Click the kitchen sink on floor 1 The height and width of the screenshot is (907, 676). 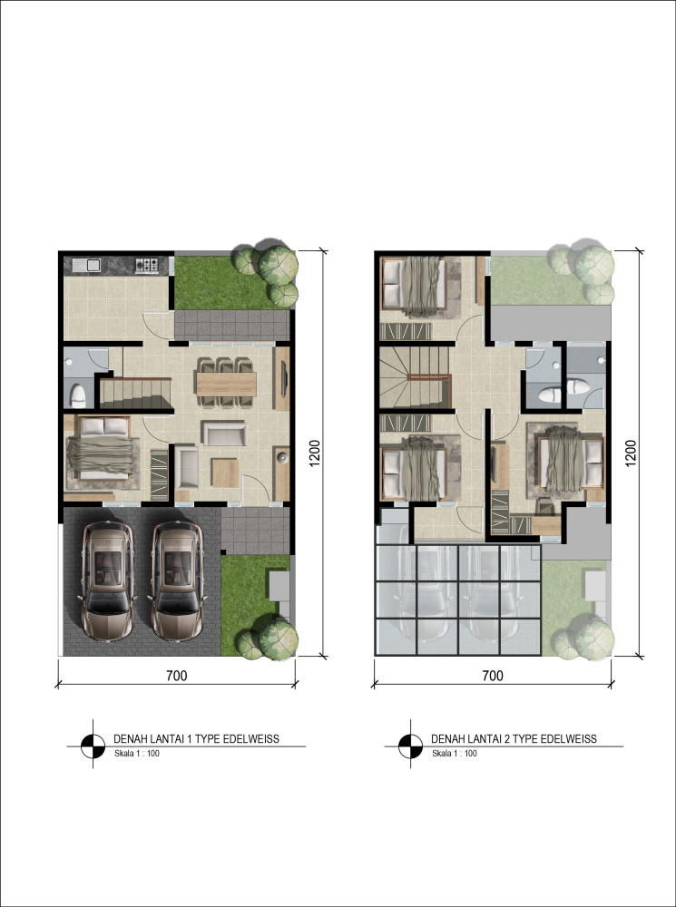[87, 266]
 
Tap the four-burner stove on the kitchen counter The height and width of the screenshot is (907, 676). [147, 265]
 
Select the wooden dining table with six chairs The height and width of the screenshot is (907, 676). [226, 383]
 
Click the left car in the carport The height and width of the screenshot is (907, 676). [107, 580]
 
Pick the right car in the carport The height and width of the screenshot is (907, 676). [177, 580]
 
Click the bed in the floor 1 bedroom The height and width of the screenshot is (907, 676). [103, 449]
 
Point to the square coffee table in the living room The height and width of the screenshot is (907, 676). [224, 473]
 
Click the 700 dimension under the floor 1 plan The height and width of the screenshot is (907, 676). [177, 675]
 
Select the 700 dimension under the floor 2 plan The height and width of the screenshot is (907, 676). [493, 675]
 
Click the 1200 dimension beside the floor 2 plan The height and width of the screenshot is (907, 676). [631, 453]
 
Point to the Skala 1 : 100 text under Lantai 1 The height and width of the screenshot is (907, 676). [137, 753]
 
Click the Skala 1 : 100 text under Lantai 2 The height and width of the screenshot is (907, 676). [455, 753]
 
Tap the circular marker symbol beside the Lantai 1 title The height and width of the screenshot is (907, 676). [93, 745]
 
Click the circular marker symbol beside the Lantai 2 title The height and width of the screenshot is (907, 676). [410, 745]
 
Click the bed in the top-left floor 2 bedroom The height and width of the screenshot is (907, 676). [415, 287]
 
